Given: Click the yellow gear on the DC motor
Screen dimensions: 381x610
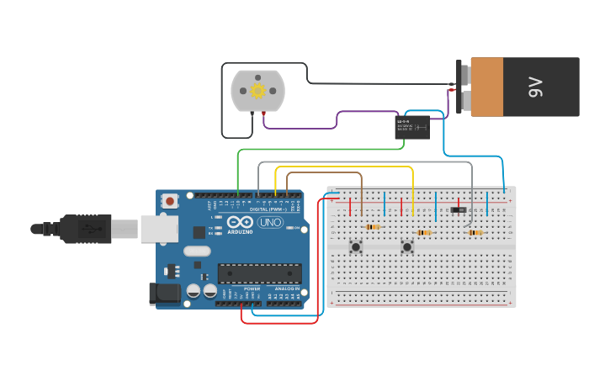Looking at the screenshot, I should pos(257,90).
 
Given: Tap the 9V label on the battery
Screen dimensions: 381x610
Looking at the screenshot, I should pos(536,87).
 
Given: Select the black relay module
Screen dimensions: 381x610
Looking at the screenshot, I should pos(413,127).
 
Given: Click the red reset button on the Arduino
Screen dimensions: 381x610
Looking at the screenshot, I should pos(171,201).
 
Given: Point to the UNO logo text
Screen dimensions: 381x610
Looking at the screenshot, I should pos(270,223).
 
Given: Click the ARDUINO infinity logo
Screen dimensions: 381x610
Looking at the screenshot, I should pos(238,221).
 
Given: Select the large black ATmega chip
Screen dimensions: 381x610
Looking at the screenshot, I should pos(259,273).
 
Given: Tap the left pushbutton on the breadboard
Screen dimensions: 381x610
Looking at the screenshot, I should pos(356,246).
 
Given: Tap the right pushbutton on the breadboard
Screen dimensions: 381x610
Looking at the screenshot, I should pos(407,246).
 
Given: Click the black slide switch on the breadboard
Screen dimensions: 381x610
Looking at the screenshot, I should pos(459,209).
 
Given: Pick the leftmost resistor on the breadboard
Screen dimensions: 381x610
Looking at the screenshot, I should pos(372,227).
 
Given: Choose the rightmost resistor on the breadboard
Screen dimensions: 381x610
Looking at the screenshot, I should pos(475,233).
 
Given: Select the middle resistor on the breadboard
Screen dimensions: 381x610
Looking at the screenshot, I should pos(423,233).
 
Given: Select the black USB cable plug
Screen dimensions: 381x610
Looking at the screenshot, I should pos(84,228).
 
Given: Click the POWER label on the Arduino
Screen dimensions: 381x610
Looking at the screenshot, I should pos(252,288).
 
